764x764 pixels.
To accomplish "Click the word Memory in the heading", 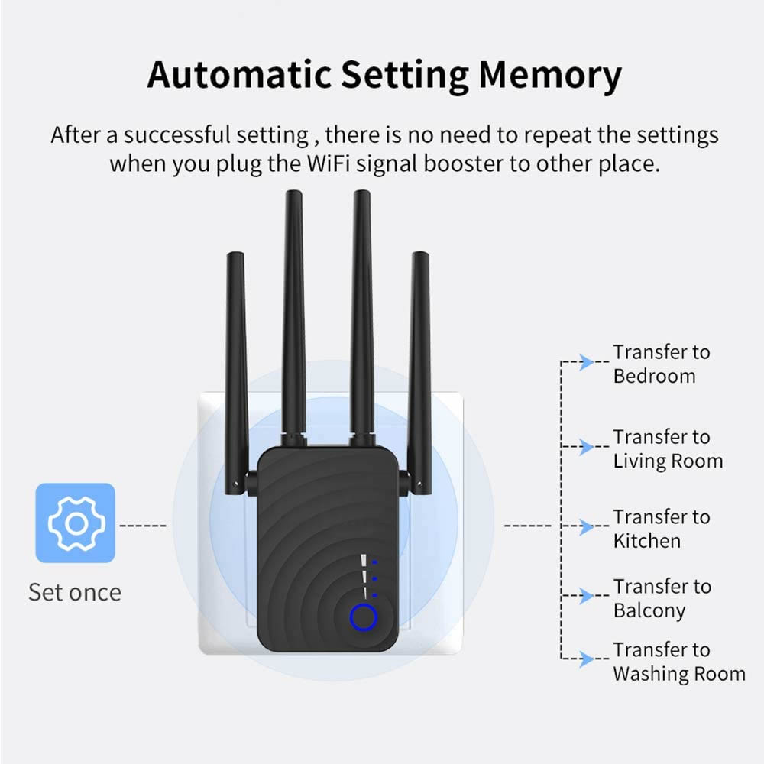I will point(550,75).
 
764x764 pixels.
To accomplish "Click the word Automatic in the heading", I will point(238,75).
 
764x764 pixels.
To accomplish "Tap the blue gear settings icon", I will point(76,523).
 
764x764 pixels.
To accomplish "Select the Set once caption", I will point(75,592).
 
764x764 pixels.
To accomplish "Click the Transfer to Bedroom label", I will point(661,364).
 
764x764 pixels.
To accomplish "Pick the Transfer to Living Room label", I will point(667,448).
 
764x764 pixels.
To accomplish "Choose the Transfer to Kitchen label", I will point(661,529).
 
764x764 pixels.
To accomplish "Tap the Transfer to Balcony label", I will point(661,598).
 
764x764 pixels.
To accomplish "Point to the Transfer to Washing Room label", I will point(678,662).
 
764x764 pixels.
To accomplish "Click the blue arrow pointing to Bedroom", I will point(586,362).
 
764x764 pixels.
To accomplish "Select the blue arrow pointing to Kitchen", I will point(586,526).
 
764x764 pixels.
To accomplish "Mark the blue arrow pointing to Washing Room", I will point(586,659).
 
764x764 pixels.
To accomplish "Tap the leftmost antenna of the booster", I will point(236,367).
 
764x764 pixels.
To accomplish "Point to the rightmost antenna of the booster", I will point(419,367).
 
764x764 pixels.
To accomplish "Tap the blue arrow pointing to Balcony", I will point(586,596).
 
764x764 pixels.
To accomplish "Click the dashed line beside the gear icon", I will point(144,526).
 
